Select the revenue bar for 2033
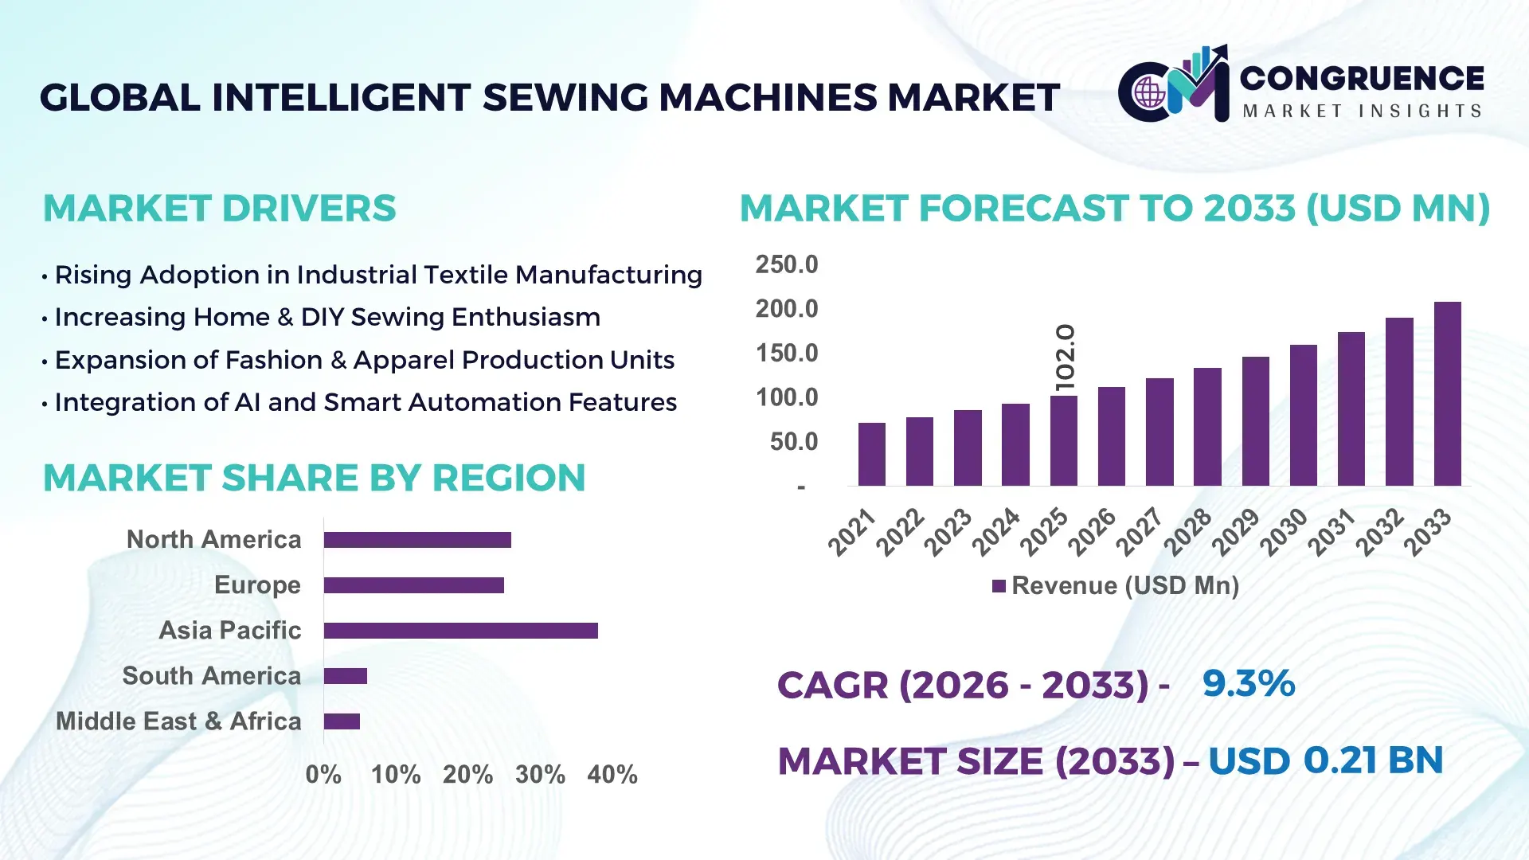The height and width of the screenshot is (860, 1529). point(1447,394)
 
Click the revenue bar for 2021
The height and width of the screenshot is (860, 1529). point(871,454)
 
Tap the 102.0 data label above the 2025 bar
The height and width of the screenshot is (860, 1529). point(1065,358)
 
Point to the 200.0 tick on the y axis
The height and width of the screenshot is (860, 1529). point(786,309)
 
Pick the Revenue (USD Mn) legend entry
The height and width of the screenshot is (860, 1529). point(1116,586)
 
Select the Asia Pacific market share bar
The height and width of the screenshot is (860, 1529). point(460,631)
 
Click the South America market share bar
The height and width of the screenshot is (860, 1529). point(345,676)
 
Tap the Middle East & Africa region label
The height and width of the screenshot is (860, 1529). point(178,721)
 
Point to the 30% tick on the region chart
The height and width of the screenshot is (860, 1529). point(540,774)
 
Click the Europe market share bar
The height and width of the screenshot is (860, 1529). point(413,585)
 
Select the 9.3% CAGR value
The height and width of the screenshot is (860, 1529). point(1248,683)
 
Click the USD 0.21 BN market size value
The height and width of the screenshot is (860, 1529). point(1325,760)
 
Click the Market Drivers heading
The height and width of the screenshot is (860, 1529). point(219,209)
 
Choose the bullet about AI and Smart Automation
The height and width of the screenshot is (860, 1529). point(366,402)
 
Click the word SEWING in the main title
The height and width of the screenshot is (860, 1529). point(565,98)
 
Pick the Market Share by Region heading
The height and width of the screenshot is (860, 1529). point(314,479)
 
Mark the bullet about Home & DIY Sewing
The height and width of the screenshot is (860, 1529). point(327,317)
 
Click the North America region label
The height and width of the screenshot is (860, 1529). point(213,540)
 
